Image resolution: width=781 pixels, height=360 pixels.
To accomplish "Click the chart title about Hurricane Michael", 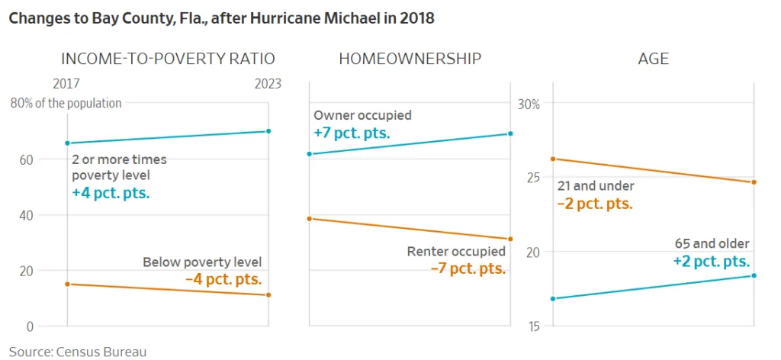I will pos(221,18).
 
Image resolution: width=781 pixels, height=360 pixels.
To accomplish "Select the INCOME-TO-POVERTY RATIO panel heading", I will pos(167,59).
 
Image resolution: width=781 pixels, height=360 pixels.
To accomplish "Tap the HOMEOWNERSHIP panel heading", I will pos(410,59).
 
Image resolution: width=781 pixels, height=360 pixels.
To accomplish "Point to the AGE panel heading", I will pos(653,59).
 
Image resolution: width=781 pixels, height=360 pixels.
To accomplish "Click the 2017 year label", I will pos(66,84).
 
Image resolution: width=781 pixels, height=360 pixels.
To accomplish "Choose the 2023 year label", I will pos(268,84).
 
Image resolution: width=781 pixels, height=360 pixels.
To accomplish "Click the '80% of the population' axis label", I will pos(66,103).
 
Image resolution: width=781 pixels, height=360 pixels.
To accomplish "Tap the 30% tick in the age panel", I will pos(529,104).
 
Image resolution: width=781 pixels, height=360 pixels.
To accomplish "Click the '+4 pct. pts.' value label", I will pos(111,193).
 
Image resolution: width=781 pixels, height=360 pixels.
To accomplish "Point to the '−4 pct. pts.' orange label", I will pos(223,279).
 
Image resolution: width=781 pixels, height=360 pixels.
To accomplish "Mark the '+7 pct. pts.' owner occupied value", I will pos(352,133).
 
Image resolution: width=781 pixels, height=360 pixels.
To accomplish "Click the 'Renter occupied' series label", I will pos(456,251).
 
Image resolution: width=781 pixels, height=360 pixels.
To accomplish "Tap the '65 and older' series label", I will pos(712,244).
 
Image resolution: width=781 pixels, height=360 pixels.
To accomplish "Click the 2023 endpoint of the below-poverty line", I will pos(268,295).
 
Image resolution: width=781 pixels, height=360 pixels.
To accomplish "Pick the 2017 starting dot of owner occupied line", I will pos(310,154).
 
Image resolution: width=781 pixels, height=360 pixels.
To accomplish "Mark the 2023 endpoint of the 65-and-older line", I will pos(754,275).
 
